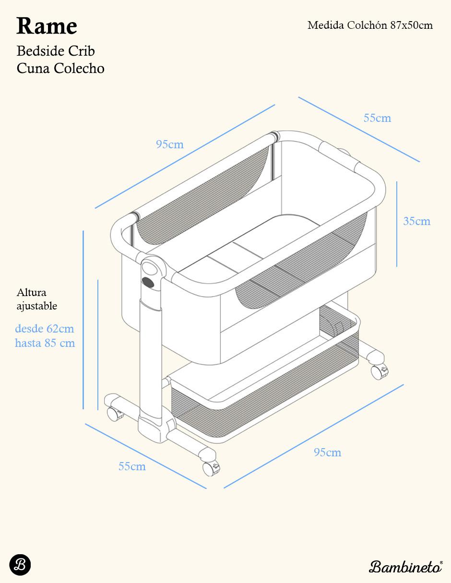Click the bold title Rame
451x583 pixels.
47,26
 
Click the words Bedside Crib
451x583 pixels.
56,51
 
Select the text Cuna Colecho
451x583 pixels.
60,68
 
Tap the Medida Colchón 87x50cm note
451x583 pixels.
370,25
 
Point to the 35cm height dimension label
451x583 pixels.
416,221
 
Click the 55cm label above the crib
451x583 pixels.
377,118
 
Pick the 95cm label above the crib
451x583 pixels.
170,144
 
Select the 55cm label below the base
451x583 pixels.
132,466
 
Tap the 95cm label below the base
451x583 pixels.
327,452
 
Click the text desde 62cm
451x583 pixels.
45,329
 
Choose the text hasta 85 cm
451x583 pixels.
45,343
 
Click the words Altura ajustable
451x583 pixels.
37,299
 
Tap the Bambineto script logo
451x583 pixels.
405,567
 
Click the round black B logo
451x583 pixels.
20,565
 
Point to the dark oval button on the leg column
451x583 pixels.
148,282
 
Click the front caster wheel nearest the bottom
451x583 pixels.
211,468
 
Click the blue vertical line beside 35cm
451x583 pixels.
397,224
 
